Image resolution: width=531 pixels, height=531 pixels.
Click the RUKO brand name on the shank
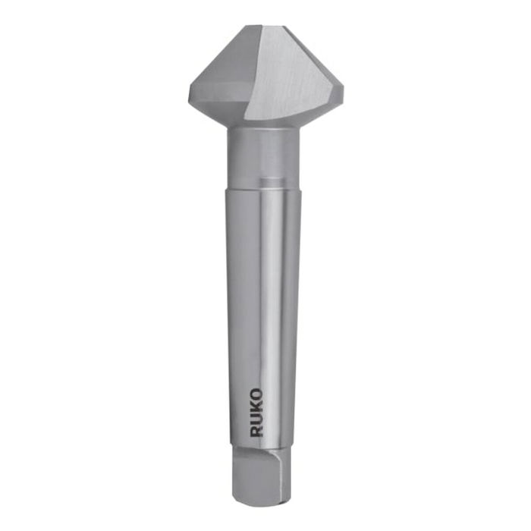tap(257, 413)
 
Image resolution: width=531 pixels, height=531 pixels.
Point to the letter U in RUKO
tap(257, 419)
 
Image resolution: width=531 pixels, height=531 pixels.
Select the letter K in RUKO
tap(257, 407)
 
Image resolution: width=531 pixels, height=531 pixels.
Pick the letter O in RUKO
tap(257, 394)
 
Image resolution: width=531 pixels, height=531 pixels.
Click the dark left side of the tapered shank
tap(237, 303)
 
